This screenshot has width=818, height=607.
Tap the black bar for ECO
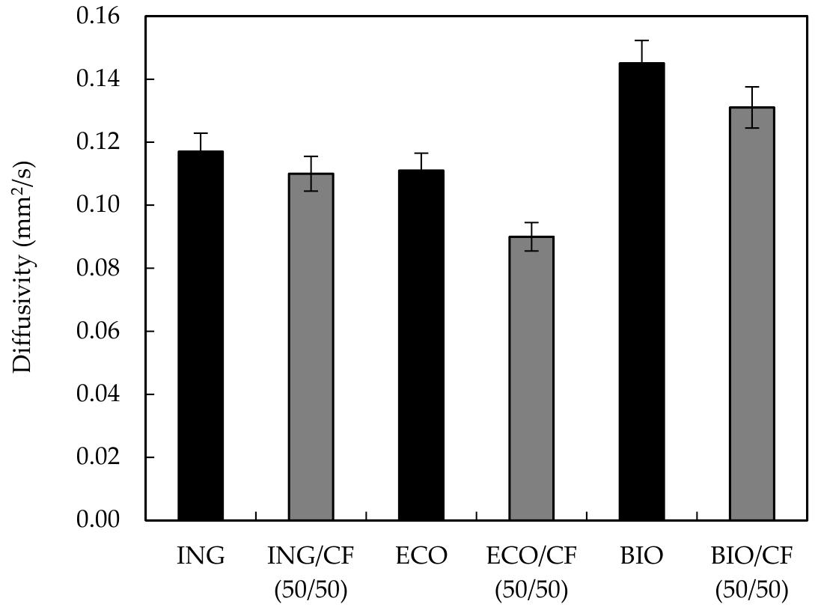(x=421, y=345)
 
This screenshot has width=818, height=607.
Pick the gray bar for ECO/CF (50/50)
(x=531, y=378)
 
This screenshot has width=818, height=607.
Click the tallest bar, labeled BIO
(x=641, y=291)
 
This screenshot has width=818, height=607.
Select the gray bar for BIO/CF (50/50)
(x=752, y=314)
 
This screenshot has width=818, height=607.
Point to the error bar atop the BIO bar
(x=641, y=51)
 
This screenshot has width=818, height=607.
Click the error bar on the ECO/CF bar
(x=531, y=236)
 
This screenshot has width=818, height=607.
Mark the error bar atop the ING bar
(x=200, y=142)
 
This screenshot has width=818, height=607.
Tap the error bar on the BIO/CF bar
(x=752, y=107)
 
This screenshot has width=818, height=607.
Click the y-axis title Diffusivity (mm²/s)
(x=25, y=266)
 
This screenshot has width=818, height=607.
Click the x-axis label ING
(x=200, y=556)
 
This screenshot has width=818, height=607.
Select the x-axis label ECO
(x=421, y=556)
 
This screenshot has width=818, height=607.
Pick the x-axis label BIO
(x=641, y=556)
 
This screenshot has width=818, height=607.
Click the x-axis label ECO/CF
(x=531, y=556)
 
